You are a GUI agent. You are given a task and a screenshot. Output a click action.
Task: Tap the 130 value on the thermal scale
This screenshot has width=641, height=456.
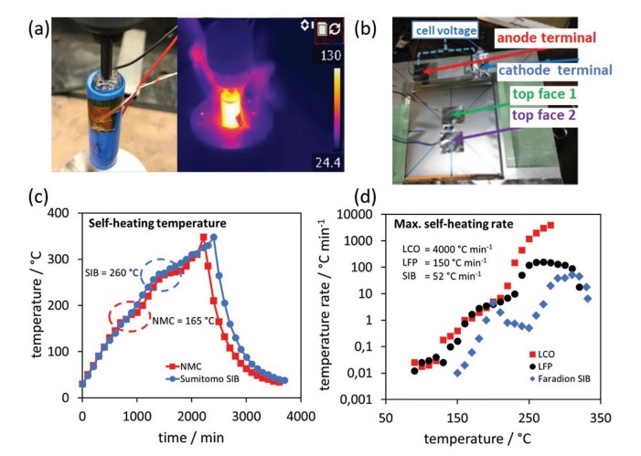pos(331,56)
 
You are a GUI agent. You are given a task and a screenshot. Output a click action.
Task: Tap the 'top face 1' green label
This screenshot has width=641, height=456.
pos(554,92)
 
